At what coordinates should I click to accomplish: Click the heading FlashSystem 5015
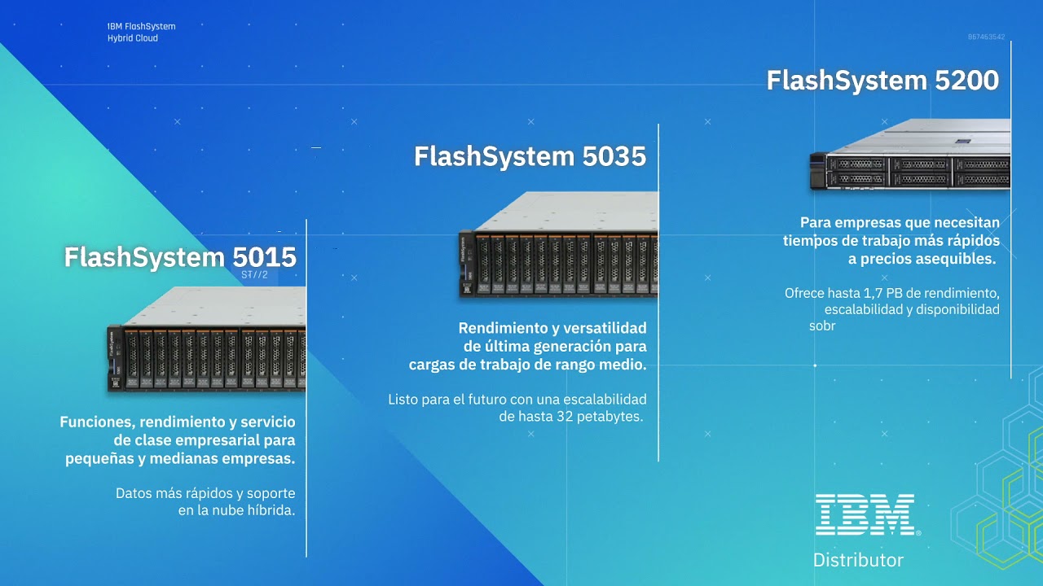point(180,257)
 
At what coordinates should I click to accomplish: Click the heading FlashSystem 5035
point(530,156)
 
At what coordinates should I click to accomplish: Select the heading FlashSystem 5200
point(882,81)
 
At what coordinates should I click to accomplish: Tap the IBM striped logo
point(865,514)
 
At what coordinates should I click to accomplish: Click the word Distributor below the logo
point(858,560)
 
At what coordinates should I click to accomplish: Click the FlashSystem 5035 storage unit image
point(558,244)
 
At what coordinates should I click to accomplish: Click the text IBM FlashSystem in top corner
point(141,27)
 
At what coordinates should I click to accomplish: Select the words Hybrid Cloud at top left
point(133,38)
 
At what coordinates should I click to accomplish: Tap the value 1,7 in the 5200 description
point(870,293)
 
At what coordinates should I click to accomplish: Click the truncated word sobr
point(822,326)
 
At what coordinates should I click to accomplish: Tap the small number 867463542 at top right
point(986,37)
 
